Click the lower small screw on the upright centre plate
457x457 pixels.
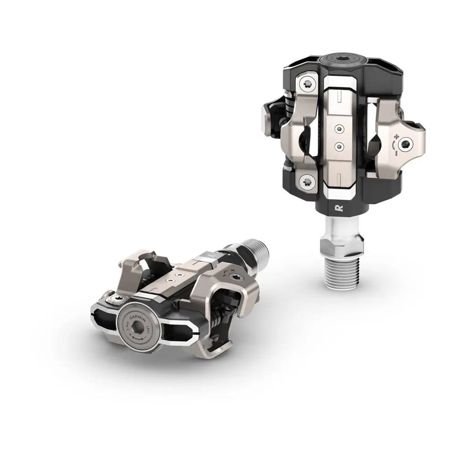[339, 145]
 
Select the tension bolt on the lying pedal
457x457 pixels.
[235, 276]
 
